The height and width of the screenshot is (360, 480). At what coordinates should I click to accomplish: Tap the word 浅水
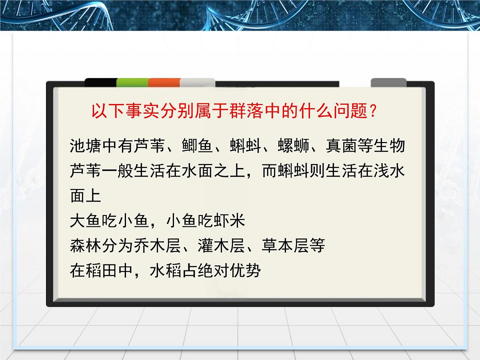point(389,171)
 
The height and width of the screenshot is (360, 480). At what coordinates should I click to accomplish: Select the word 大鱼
point(86,221)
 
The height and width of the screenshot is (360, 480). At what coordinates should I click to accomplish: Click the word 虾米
point(229,221)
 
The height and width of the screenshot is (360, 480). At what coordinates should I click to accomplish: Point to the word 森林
point(86,246)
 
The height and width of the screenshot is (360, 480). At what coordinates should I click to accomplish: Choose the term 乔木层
point(149,246)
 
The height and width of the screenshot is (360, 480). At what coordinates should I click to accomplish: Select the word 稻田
point(102,271)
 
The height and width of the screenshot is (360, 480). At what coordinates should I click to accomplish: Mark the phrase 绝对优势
point(229,271)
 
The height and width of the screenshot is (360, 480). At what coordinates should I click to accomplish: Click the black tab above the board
point(101,82)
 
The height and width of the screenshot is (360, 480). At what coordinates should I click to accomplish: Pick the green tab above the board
point(132,82)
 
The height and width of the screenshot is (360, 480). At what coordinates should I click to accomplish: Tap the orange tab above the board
point(164,82)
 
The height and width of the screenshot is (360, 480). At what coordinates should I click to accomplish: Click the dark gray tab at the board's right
point(388,82)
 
